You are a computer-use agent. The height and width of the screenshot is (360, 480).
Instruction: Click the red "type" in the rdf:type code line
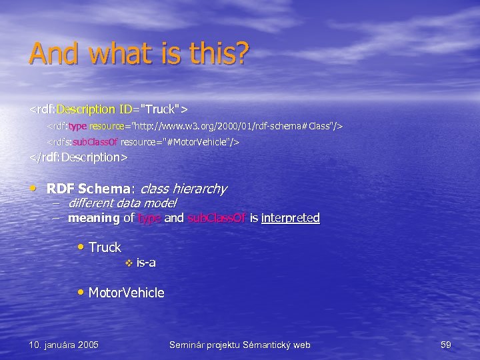click(77, 126)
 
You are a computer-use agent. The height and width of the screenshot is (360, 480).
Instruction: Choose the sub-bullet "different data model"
click(122, 203)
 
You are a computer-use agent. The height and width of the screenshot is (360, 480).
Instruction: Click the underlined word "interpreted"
click(291, 218)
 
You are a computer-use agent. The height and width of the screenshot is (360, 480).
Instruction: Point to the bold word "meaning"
click(94, 218)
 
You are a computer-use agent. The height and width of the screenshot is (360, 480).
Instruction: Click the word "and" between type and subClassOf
click(174, 218)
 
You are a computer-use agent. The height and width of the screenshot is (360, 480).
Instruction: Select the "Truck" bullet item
click(105, 247)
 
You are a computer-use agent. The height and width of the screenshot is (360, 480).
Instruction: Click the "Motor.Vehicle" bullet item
click(126, 293)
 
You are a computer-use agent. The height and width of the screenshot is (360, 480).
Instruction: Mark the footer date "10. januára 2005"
click(64, 345)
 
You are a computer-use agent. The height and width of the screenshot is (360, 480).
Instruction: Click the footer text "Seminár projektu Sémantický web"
click(240, 345)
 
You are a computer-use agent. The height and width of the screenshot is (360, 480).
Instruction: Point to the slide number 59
click(446, 345)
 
